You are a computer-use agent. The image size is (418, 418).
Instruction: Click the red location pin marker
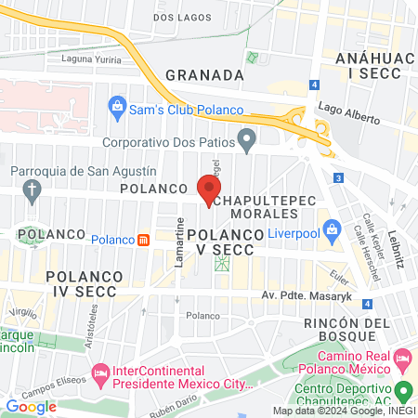(205, 189)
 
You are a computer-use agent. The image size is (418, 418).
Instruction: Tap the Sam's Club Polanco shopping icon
(118, 104)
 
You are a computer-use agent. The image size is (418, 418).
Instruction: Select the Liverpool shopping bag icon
(331, 228)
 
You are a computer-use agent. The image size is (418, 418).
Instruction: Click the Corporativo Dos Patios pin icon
(246, 141)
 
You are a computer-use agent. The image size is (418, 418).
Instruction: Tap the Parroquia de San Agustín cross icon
(33, 192)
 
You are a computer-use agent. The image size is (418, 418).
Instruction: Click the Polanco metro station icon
(143, 240)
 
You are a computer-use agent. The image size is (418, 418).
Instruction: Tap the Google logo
(32, 406)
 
